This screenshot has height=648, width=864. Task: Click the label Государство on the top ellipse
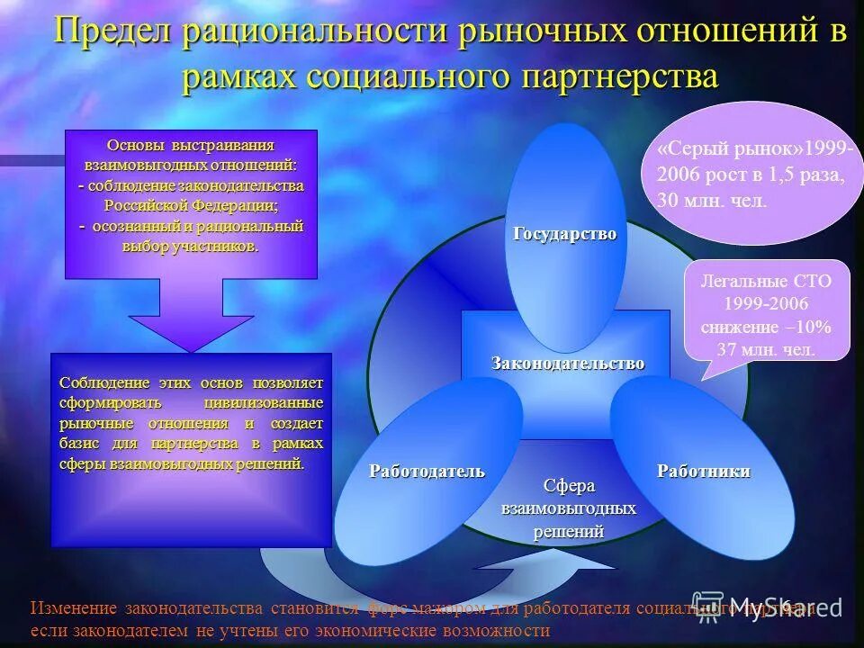[564, 234]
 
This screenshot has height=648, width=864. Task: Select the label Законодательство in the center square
[567, 364]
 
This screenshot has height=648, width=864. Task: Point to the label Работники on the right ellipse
[703, 472]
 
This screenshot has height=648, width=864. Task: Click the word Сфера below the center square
[568, 486]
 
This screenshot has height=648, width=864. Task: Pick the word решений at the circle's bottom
[568, 531]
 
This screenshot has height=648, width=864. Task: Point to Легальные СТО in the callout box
[767, 281]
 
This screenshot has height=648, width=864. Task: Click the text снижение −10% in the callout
[767, 326]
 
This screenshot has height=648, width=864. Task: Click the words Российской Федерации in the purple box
[191, 204]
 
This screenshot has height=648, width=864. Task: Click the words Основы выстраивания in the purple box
[191, 145]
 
